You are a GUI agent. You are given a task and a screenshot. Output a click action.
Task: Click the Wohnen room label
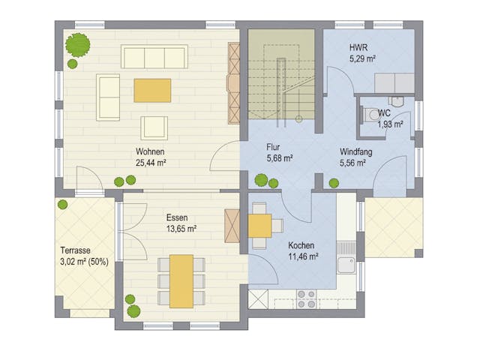coord(150,151)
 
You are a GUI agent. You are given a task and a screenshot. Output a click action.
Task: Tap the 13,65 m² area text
coord(181,229)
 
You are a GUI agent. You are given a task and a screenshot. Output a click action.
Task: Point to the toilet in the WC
coord(373,114)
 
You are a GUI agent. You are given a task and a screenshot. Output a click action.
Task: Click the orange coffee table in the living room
coord(152,90)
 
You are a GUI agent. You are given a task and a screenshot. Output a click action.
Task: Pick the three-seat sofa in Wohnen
coord(154,57)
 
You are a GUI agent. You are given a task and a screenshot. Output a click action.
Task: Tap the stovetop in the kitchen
coord(306,298)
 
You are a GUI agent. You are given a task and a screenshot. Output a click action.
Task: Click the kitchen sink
coord(346,265)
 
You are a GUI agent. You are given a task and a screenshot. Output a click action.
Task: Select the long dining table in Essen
coord(181,280)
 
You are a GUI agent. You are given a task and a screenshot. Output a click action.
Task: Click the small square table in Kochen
coord(260,225)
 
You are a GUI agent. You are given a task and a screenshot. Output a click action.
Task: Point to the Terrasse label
coord(76,250)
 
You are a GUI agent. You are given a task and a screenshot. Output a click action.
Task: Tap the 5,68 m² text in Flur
coord(279,158)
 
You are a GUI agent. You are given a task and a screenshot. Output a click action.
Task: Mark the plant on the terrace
coord(63,204)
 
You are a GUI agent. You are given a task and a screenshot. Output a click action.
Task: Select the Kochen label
coord(301,245)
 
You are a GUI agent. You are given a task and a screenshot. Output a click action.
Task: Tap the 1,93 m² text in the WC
coord(390,124)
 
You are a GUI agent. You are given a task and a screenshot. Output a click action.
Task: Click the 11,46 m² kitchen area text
coord(304,256)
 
